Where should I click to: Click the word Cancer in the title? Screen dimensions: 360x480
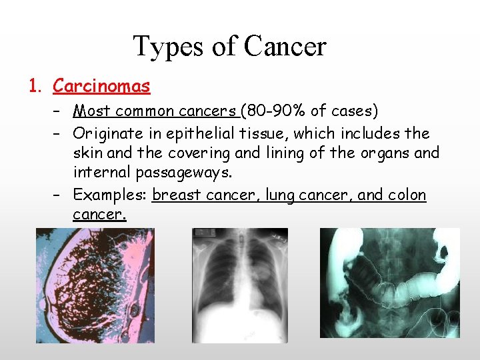[285, 47]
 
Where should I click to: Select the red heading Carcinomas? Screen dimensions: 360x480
[101, 86]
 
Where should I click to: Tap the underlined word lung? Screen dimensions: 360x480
[279, 195]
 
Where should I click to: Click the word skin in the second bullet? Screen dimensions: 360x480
[87, 153]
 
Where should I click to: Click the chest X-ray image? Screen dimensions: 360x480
[240, 285]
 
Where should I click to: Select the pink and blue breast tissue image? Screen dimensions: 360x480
[95, 285]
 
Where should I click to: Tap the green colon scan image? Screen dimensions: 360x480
[390, 283]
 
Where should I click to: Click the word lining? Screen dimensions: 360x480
[286, 153]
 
